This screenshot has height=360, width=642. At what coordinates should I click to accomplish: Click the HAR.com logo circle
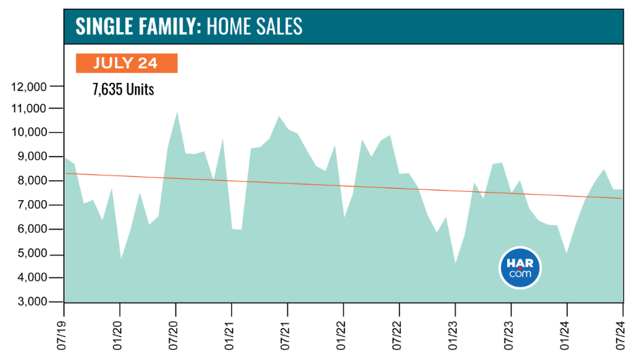520,268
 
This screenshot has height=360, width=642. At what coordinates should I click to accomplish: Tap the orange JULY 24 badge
127,63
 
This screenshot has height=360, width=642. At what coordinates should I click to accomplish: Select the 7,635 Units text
123,89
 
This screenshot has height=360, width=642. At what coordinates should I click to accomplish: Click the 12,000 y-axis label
29,86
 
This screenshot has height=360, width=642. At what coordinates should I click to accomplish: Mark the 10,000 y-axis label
29,133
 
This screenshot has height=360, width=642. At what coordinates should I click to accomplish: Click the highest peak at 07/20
177,112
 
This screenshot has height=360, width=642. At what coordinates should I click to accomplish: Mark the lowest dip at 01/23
455,263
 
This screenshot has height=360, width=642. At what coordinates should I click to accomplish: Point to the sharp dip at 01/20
121,259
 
